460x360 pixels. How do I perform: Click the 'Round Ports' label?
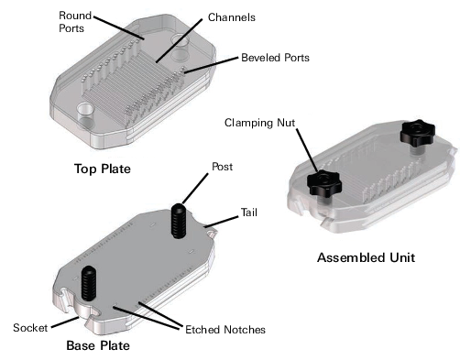(x=74, y=23)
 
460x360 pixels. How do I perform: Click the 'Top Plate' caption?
(x=101, y=169)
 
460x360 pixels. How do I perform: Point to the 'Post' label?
(x=222, y=167)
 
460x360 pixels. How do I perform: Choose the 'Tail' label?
(x=248, y=213)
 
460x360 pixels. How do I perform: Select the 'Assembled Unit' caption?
(x=366, y=258)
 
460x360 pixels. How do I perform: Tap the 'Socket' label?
(x=29, y=327)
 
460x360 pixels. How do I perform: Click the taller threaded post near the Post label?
(x=178, y=221)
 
